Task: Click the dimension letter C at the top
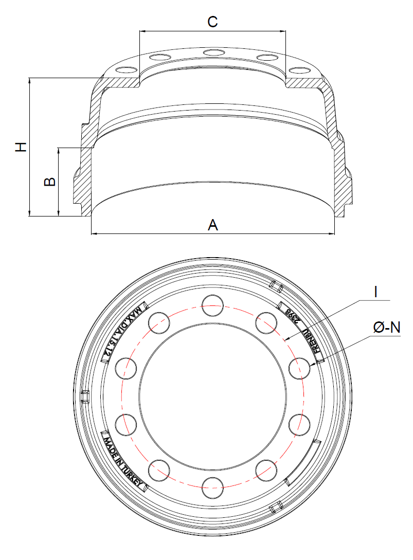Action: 212,22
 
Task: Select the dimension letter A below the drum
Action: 213,225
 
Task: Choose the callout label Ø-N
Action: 386,328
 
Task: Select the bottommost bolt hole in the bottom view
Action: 212,487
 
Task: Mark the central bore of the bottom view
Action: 212,396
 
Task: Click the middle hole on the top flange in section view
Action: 212,52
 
